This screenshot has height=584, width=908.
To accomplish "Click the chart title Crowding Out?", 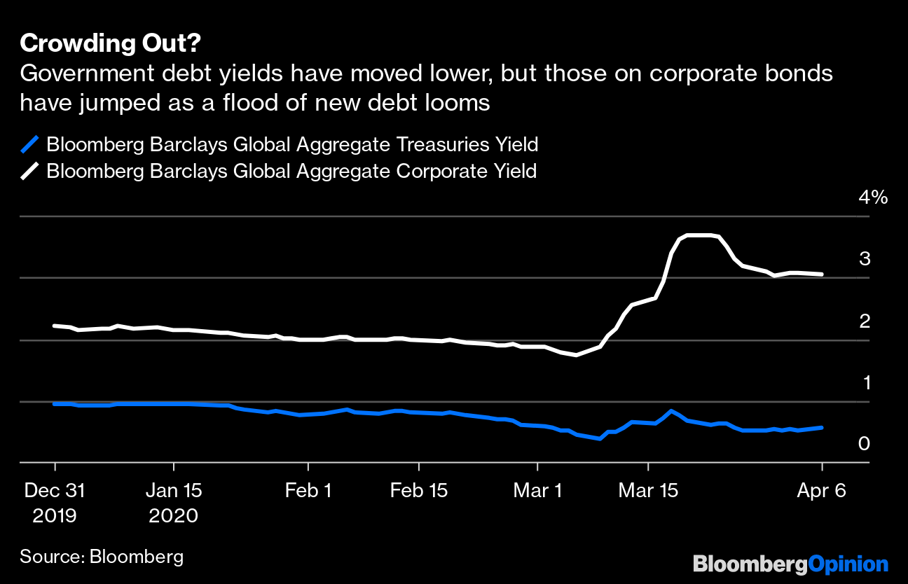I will [x=111, y=43].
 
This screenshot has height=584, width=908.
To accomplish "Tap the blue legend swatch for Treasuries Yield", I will [x=29, y=145].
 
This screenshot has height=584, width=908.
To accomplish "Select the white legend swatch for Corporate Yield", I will [x=29, y=171].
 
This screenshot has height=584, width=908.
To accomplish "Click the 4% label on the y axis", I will [x=872, y=197].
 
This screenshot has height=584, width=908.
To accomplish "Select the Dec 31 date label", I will [x=55, y=491].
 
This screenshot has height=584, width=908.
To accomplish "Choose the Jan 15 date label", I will [x=173, y=491].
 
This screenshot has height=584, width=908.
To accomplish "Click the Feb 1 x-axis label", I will [x=308, y=491].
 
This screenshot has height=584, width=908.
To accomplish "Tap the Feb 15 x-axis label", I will [x=418, y=491].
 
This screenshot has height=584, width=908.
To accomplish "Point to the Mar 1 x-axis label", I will [x=537, y=491].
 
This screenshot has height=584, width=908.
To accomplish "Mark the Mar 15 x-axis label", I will [x=648, y=491].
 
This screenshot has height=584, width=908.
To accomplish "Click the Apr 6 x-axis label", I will [x=821, y=491].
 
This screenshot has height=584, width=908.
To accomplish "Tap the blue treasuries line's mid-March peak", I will [x=672, y=410].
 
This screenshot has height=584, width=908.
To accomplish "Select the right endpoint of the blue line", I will [x=822, y=427].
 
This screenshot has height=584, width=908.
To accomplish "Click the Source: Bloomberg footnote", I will [x=102, y=557].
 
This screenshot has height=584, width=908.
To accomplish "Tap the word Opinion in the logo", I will [x=848, y=564].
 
